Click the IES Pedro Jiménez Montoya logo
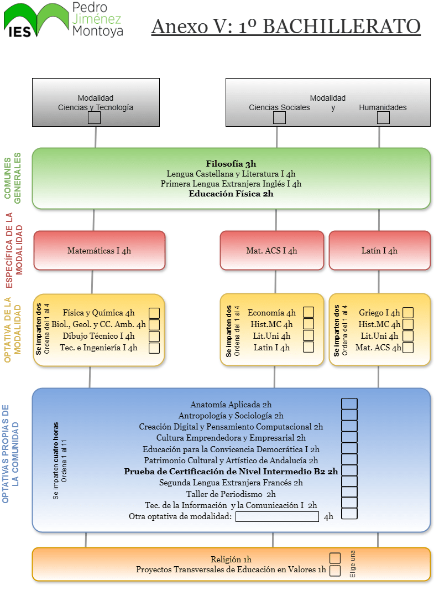(64, 20)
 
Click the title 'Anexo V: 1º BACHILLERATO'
(286, 26)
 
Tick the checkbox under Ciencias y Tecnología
(95, 117)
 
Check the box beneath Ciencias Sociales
(280, 117)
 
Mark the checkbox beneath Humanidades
(383, 117)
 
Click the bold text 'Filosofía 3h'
(231, 164)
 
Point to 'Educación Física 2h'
(231, 194)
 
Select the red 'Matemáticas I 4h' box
(100, 250)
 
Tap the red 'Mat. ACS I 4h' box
(271, 250)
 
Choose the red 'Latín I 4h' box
(379, 250)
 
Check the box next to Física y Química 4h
(154, 313)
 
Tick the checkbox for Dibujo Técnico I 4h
(154, 336)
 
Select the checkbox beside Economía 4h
(308, 313)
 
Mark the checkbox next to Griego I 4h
(409, 313)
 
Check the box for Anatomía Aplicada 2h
(349, 404)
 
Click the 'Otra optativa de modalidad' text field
(277, 516)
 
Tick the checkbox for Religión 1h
(335, 558)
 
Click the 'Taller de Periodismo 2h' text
(231, 494)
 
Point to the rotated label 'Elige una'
(353, 563)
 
